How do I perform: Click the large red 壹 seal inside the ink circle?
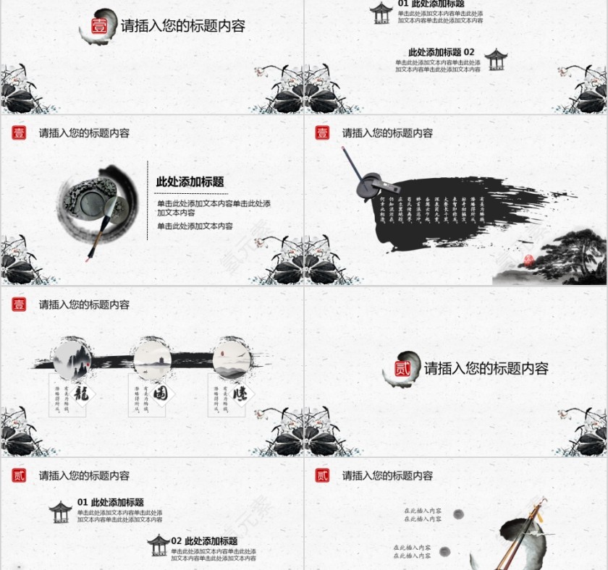[98, 27]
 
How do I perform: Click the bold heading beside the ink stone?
[190, 182]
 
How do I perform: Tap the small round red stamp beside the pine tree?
[528, 260]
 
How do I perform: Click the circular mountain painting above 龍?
[72, 357]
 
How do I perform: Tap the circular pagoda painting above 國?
[151, 357]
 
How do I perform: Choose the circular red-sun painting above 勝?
[231, 357]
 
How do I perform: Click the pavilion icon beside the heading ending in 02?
[496, 59]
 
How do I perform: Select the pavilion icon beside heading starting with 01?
[61, 511]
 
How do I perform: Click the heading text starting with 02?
[204, 541]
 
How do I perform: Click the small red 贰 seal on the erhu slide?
[322, 475]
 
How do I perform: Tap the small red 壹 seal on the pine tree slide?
[322, 133]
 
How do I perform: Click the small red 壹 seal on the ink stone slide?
[19, 133]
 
